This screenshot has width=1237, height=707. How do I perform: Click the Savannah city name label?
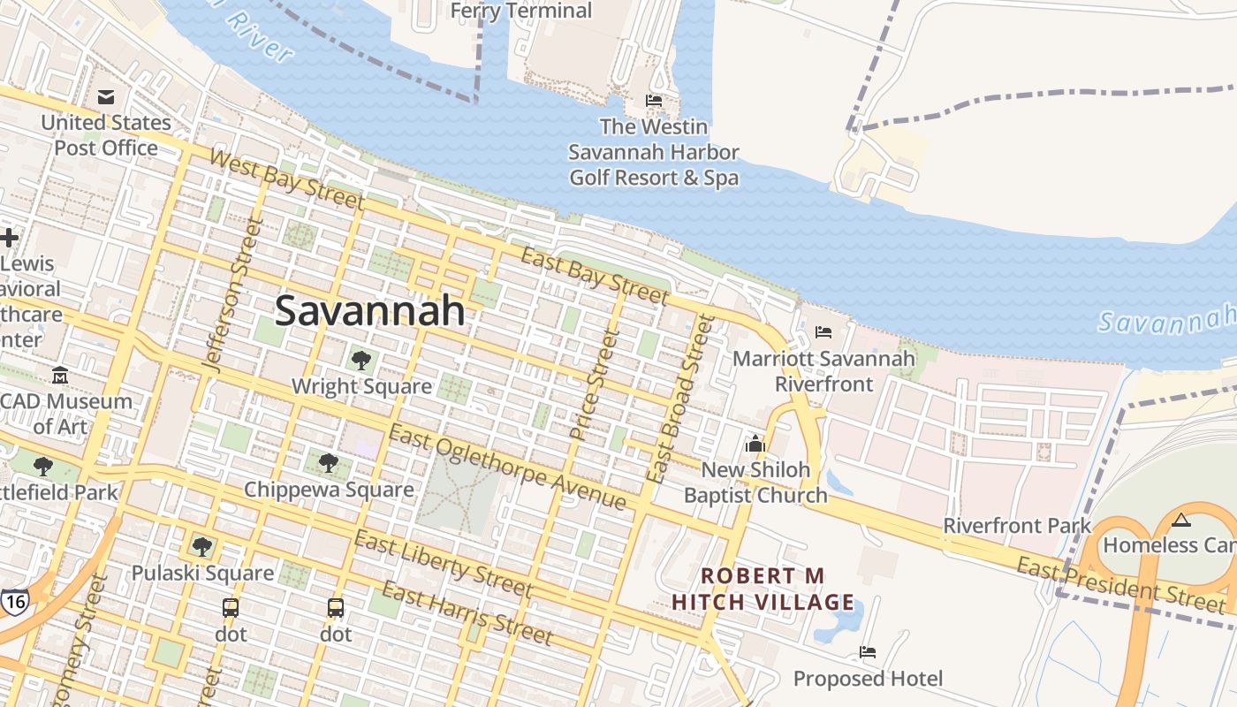click(369, 311)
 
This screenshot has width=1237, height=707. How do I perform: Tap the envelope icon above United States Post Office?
click(106, 96)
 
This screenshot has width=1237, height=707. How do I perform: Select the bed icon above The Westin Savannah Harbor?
click(654, 101)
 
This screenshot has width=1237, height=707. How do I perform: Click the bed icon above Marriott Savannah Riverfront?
click(823, 332)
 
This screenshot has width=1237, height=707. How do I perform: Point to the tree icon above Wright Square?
click(360, 360)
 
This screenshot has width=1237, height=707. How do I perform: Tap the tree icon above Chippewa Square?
click(328, 462)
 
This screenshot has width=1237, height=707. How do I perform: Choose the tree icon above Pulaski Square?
click(202, 546)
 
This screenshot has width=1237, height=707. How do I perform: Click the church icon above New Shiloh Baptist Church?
click(755, 443)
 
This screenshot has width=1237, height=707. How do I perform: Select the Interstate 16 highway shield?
click(14, 600)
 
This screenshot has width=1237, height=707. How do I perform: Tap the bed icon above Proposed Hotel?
click(868, 652)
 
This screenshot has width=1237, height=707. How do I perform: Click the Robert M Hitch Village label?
click(763, 589)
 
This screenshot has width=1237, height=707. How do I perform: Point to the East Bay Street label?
click(594, 275)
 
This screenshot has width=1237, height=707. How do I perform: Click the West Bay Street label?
click(287, 180)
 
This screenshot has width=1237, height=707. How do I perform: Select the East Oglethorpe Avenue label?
click(507, 468)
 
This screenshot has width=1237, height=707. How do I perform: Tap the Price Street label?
click(591, 384)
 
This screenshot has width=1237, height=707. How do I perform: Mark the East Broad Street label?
click(679, 398)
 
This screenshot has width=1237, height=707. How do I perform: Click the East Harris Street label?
click(467, 613)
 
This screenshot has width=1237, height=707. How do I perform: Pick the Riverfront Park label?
click(1017, 526)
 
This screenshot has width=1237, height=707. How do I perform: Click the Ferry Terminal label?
click(521, 11)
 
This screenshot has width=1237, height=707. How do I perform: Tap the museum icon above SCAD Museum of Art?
click(60, 376)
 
